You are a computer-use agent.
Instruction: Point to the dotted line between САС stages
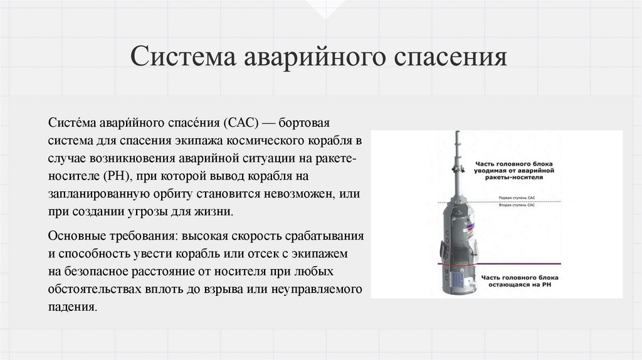pos(502,201)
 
